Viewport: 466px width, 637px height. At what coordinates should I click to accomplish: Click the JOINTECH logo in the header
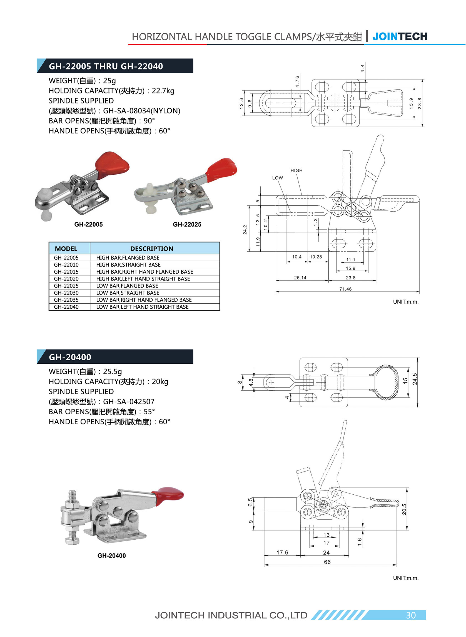coord(400,37)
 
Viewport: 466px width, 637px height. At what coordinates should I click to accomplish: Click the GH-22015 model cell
coord(66,271)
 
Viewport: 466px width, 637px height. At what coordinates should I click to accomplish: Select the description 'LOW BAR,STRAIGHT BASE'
coord(128,293)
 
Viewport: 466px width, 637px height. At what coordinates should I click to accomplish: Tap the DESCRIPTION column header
coord(151,249)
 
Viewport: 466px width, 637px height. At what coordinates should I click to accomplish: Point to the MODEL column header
coord(66,249)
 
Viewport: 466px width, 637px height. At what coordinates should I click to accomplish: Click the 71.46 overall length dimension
coord(345,289)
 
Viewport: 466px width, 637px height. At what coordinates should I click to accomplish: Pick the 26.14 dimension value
coord(300,278)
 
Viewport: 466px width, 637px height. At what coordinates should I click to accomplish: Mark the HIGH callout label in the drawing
coord(296,170)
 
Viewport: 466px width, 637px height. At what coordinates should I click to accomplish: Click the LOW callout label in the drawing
coord(278,178)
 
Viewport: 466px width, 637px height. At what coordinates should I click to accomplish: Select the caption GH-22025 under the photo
coord(187,225)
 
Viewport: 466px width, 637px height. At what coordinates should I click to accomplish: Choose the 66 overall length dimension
coord(327,562)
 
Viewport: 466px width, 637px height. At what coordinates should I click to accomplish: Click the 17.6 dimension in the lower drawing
coord(282,552)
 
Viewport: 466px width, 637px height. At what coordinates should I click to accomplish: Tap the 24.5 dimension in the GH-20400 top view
coord(414,379)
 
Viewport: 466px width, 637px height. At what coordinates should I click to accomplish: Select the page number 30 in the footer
coord(411,615)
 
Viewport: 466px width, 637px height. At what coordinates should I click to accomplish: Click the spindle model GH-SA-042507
coord(129,401)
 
